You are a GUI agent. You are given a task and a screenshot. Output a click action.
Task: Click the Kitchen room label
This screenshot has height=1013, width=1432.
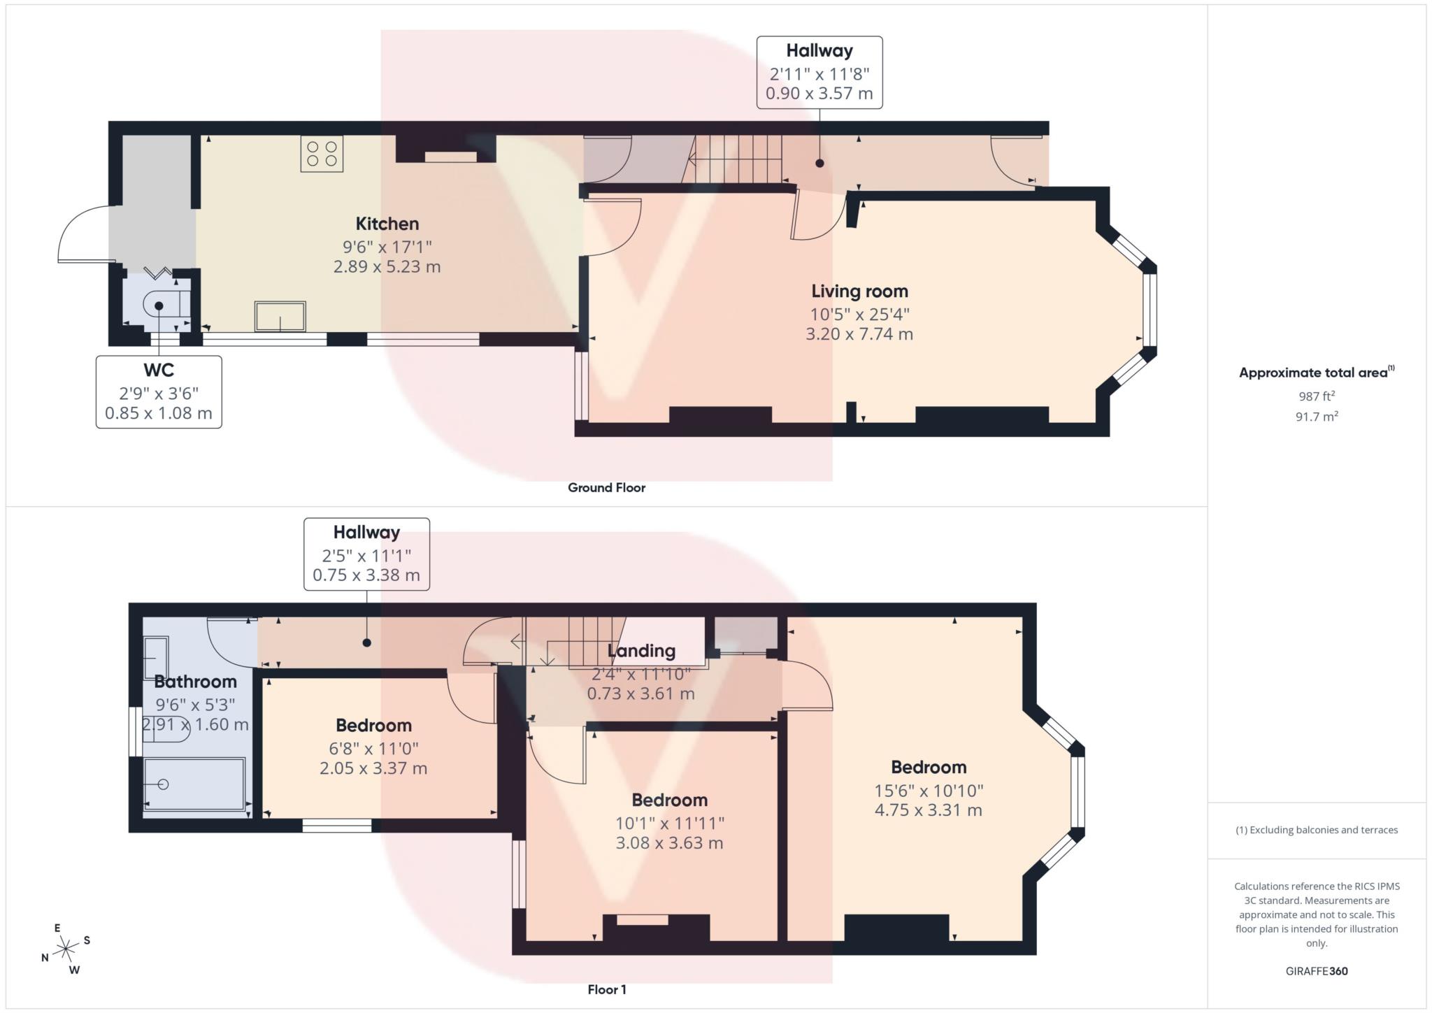point(387,224)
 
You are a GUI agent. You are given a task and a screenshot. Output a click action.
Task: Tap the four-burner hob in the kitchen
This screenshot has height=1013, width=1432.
point(322,154)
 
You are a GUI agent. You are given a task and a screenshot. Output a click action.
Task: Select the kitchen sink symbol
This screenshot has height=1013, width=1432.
point(280,316)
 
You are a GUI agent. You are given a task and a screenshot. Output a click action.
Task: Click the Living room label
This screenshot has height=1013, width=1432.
point(859,291)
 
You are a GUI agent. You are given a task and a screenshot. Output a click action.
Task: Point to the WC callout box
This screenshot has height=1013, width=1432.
point(159,391)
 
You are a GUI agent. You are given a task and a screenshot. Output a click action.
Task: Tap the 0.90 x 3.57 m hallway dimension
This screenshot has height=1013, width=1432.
point(819,93)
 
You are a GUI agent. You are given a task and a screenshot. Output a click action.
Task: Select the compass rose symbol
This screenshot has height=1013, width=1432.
point(66,949)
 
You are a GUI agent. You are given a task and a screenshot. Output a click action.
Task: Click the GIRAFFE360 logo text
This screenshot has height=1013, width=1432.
point(1317,970)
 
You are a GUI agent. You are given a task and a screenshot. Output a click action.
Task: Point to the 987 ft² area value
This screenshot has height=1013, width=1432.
point(1317,396)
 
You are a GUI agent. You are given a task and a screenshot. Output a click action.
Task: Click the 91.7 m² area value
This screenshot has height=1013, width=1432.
point(1317,416)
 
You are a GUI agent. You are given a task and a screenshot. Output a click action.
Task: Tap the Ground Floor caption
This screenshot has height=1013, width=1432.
point(606,487)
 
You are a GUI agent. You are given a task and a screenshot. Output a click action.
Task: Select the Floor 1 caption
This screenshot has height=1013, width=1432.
point(606,989)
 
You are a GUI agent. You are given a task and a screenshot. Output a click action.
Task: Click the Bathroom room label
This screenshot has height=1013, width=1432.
point(195,681)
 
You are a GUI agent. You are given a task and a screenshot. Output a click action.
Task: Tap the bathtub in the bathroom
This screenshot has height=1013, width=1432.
point(194,784)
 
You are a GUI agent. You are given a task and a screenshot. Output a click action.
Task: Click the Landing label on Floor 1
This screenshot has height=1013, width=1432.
point(641,651)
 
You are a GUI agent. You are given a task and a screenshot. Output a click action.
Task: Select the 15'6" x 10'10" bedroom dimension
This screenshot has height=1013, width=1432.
point(929,790)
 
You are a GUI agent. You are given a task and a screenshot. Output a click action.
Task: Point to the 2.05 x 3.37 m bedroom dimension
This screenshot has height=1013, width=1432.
point(373,768)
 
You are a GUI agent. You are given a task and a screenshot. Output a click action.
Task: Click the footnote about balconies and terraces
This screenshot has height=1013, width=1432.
point(1317,830)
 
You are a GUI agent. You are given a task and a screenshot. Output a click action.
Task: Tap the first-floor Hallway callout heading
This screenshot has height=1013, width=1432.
point(366,532)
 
